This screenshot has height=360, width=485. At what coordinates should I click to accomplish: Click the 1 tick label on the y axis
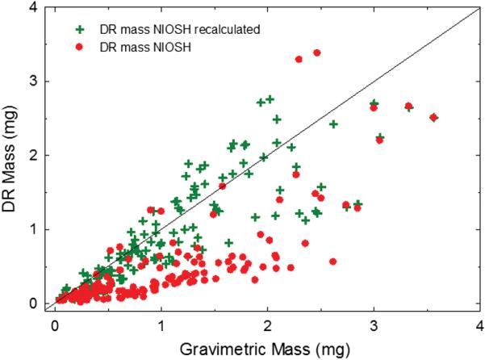[37, 229]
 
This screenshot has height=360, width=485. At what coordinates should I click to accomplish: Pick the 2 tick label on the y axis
[37, 155]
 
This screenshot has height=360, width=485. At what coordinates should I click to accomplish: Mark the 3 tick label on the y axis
[37, 82]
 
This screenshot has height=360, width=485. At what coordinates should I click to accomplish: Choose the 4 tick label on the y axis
[37, 7]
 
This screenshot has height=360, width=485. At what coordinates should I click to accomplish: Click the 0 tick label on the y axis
[37, 303]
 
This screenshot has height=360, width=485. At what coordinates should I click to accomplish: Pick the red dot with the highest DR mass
[317, 53]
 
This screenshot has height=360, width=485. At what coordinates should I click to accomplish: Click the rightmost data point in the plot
[433, 117]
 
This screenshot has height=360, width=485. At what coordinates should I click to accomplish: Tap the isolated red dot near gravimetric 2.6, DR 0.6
[332, 262]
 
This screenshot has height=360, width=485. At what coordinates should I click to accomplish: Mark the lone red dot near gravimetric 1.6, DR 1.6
[223, 186]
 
